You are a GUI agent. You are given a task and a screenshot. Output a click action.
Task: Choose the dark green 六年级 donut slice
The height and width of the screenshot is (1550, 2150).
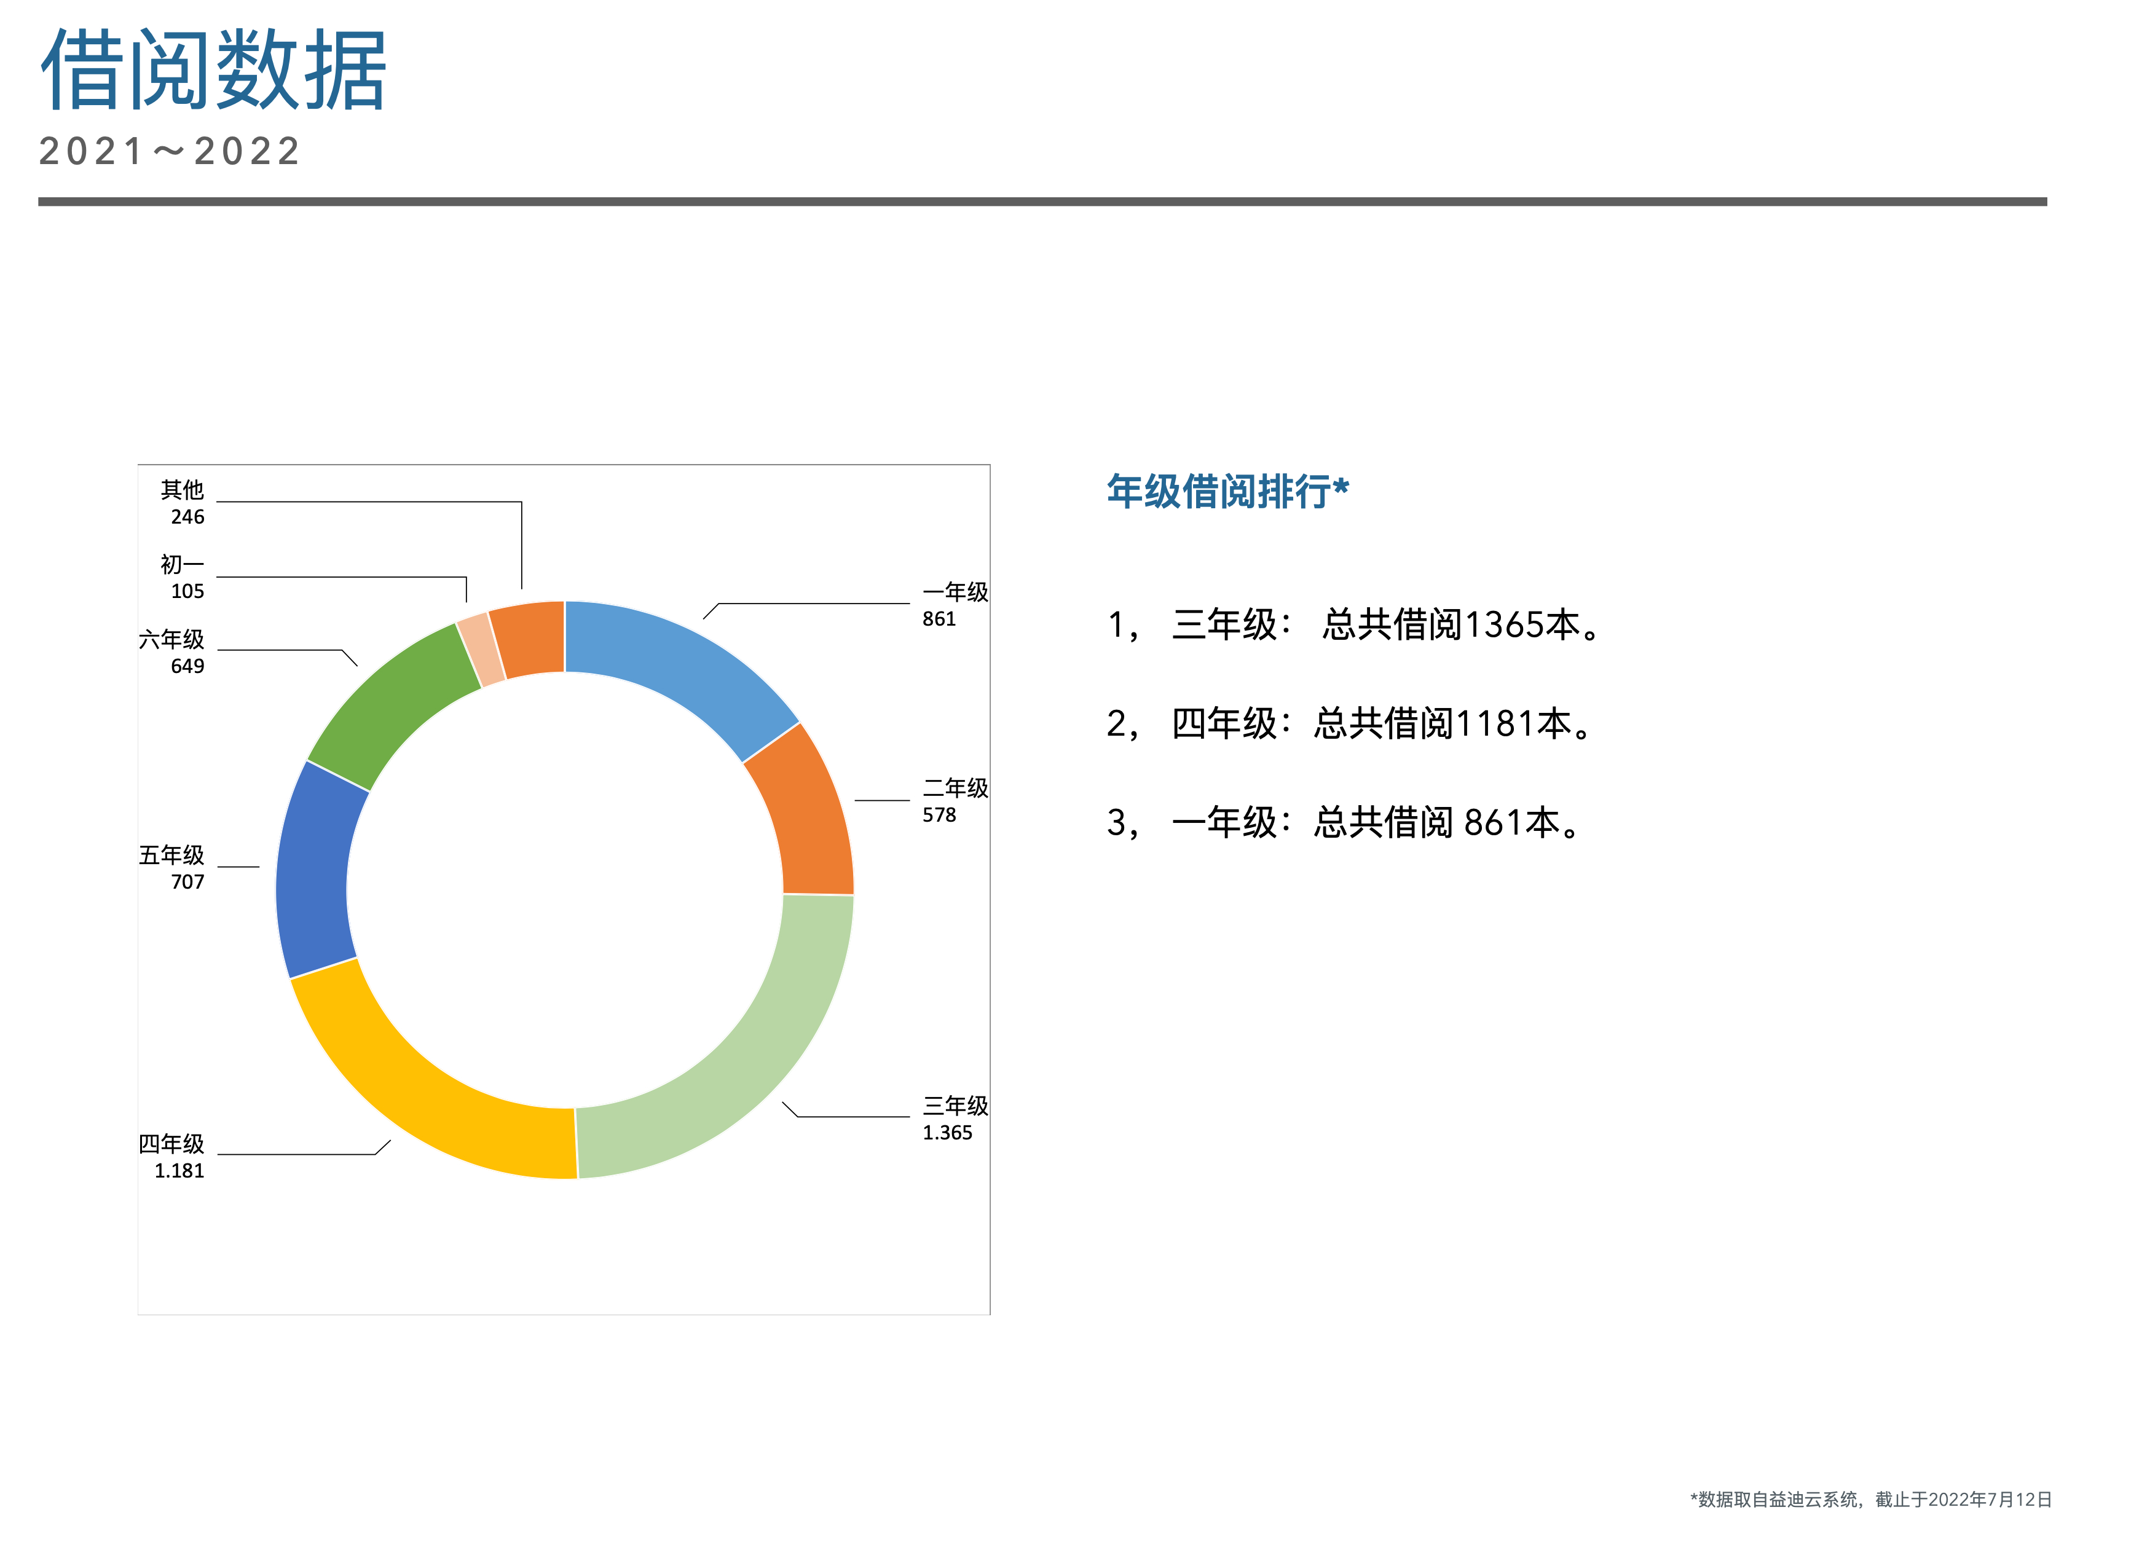(x=388, y=701)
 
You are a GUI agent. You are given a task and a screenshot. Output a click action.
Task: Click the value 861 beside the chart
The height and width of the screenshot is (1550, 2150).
(x=939, y=619)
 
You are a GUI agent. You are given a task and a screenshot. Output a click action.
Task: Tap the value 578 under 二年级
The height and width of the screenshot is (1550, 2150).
(x=939, y=816)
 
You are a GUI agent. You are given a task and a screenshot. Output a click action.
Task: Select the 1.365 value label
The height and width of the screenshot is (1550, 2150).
(x=947, y=1133)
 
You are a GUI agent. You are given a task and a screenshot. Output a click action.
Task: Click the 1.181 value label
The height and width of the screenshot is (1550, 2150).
(x=179, y=1171)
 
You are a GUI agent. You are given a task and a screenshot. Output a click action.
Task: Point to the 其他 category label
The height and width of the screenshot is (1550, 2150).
(x=182, y=489)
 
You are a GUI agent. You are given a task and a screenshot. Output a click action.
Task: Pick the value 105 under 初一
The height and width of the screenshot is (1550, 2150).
(x=187, y=592)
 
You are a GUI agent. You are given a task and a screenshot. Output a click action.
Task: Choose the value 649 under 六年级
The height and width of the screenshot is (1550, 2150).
(x=187, y=666)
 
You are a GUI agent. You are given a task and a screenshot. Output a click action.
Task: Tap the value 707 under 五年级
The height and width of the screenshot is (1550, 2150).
(x=187, y=882)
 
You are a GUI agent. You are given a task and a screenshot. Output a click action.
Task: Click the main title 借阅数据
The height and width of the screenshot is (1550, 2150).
(x=213, y=69)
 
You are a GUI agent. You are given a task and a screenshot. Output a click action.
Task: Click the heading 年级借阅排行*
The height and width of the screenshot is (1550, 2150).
(x=1227, y=491)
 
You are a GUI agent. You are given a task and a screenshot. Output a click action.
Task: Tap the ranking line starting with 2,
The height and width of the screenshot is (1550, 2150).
(x=1352, y=724)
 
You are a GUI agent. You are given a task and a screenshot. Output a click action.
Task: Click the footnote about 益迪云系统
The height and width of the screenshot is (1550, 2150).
(x=1870, y=1499)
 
